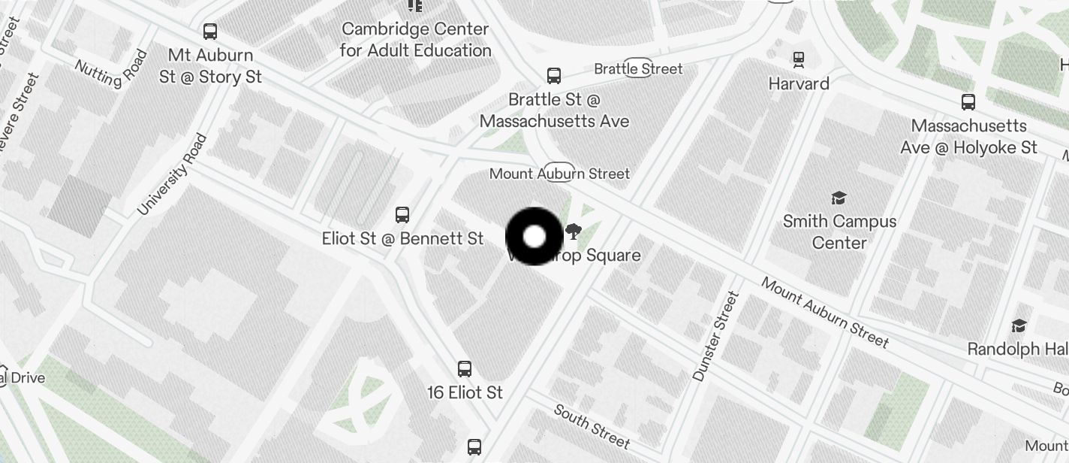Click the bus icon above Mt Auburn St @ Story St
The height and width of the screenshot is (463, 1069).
(210, 32)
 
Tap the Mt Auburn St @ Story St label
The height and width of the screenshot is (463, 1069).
(211, 66)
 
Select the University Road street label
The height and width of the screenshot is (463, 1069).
(172, 174)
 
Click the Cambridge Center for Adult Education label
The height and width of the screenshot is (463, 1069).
(415, 40)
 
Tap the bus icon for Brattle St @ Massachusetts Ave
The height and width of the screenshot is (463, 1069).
(554, 75)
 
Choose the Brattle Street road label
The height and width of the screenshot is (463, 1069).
(638, 68)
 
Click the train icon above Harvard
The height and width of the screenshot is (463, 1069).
(799, 59)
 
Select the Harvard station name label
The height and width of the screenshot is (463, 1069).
(799, 83)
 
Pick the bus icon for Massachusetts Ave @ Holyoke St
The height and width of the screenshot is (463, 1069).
(968, 102)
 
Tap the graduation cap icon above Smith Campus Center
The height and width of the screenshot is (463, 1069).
(839, 198)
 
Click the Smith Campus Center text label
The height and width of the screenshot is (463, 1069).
(839, 231)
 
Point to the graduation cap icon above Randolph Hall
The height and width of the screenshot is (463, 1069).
(1019, 325)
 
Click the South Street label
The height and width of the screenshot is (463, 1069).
(592, 426)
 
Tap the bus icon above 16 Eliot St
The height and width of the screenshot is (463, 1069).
(465, 368)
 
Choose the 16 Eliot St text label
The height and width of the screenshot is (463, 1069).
(465, 392)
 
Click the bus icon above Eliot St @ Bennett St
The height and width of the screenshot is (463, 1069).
(402, 215)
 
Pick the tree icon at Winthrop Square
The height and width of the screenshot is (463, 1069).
(574, 231)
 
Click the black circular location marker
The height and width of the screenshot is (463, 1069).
(534, 237)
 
